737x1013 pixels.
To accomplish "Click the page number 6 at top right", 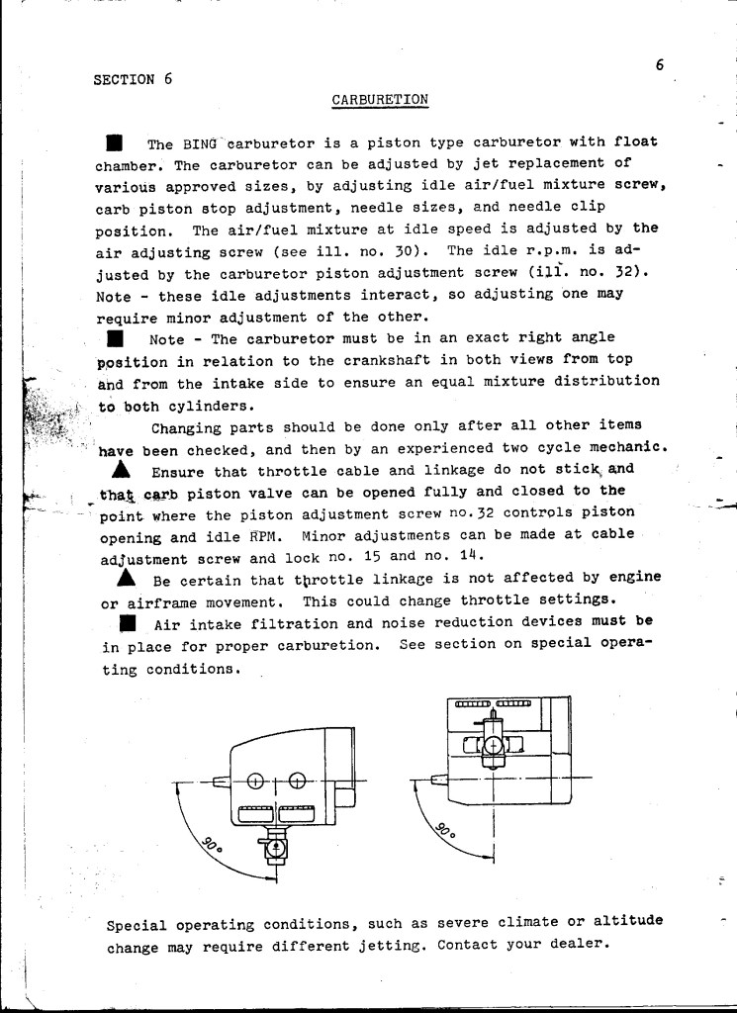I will tap(658, 65).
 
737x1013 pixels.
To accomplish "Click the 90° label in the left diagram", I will tap(212, 845).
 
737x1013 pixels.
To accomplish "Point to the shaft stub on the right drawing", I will tap(438, 778).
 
